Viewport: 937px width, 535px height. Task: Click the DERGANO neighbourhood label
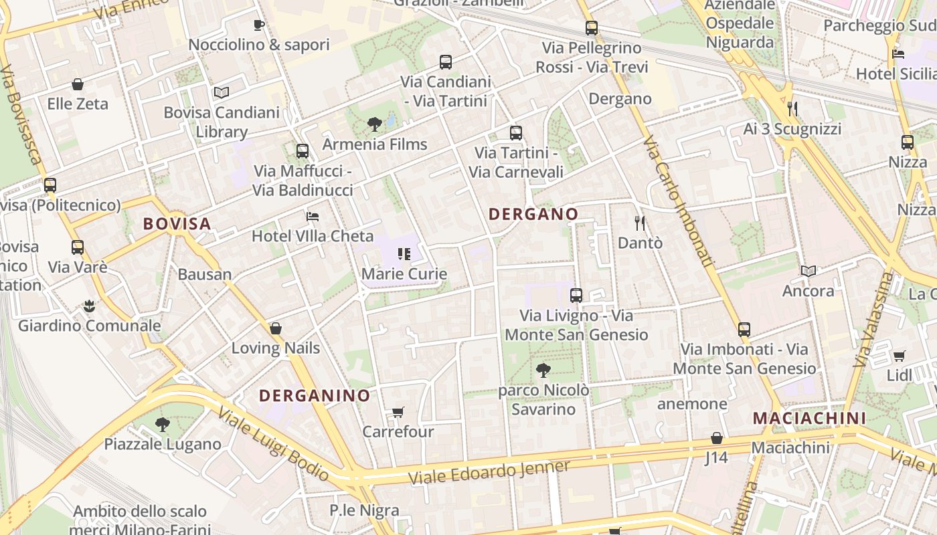[533, 214]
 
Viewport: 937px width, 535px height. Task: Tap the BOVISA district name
[177, 223]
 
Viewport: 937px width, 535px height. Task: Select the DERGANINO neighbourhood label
[315, 395]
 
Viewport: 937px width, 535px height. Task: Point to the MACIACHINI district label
[809, 418]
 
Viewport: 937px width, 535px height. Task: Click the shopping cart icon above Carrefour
[398, 412]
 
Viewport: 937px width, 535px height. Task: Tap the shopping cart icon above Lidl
[899, 356]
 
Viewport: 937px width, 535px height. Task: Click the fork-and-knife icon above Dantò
[640, 223]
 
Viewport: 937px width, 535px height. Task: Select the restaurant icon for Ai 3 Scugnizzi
[792, 109]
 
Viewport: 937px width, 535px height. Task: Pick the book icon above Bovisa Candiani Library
[222, 92]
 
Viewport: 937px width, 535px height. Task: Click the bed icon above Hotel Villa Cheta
[313, 216]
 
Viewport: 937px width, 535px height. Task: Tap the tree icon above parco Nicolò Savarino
[543, 370]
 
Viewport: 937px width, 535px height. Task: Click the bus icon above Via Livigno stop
[576, 295]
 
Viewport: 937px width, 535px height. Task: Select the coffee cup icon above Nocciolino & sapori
[259, 25]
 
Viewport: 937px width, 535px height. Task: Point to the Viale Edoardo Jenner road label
[489, 472]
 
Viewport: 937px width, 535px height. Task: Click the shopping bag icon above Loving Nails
[275, 328]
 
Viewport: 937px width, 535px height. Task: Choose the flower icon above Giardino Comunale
[89, 306]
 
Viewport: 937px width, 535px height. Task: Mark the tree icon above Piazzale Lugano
[162, 424]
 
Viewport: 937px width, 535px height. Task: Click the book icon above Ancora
[808, 271]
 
